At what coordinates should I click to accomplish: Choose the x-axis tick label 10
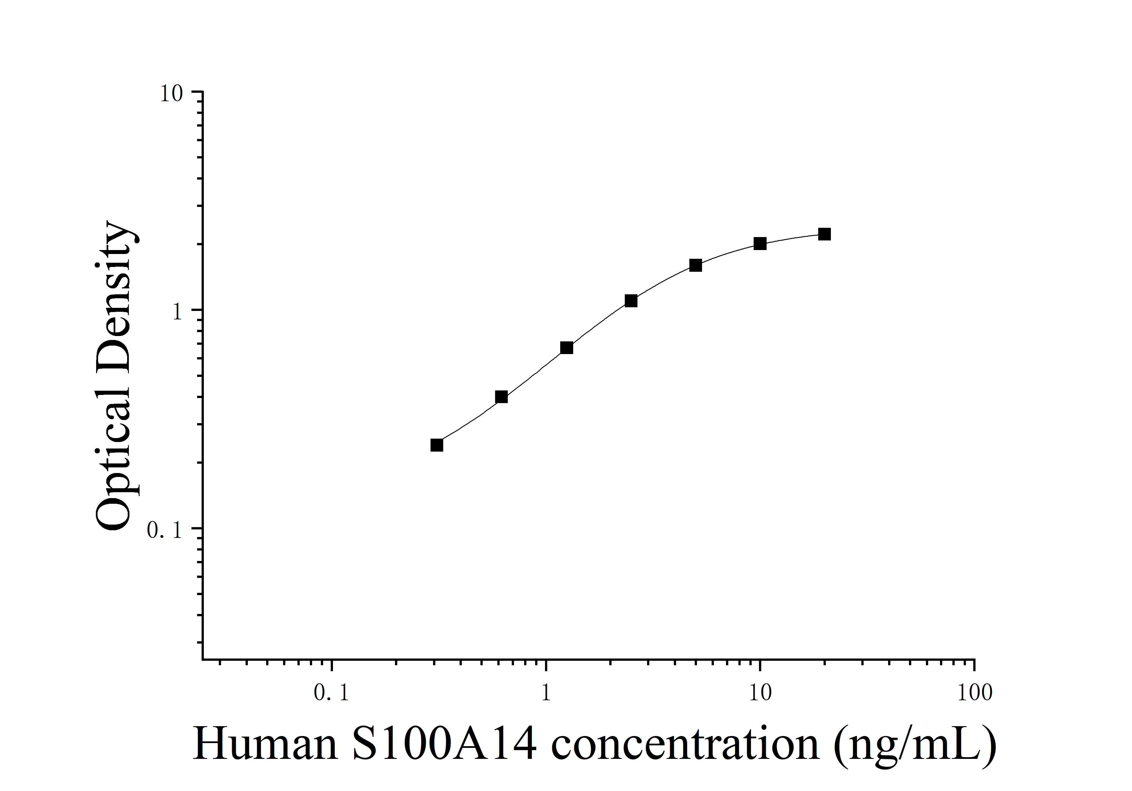(760, 693)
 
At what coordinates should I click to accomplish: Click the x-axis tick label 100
(974, 693)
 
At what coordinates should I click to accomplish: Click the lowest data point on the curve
(436, 445)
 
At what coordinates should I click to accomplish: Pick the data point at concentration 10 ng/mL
(760, 244)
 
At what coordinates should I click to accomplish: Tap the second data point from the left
(501, 397)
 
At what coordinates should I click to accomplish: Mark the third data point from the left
(566, 348)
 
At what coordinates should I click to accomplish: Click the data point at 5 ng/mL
(695, 265)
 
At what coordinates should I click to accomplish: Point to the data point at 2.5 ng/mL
(631, 301)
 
